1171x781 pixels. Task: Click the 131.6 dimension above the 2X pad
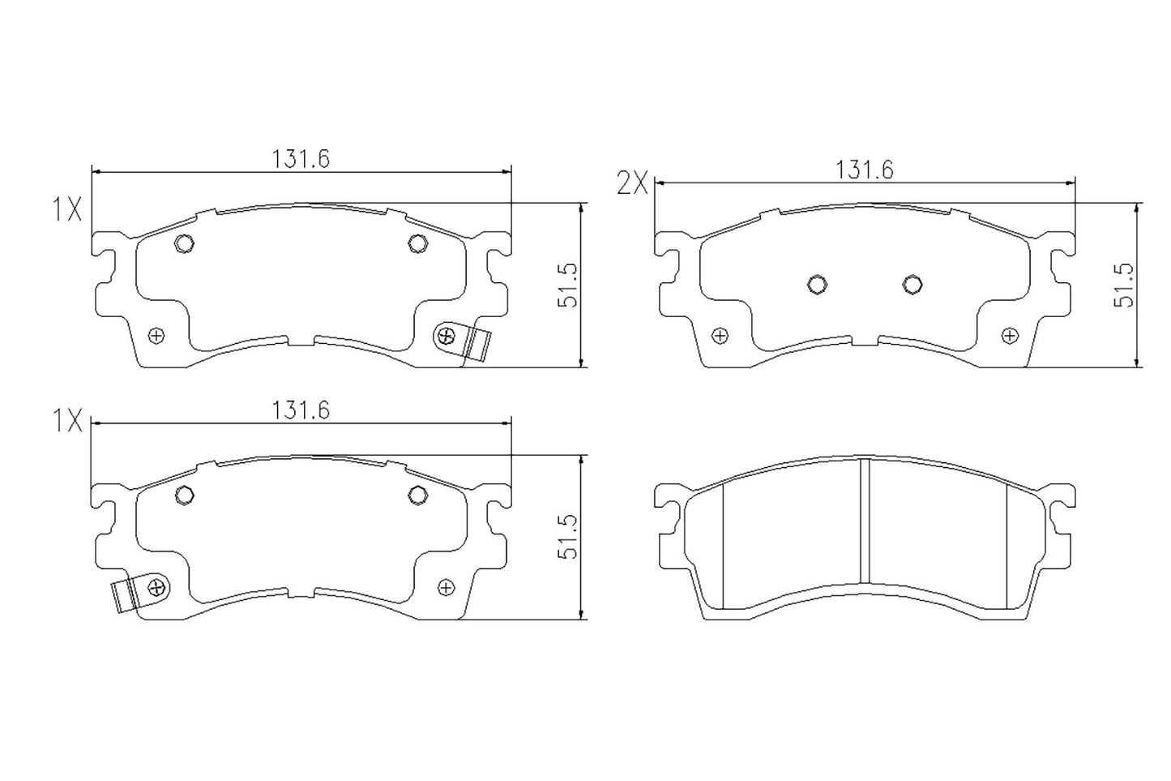point(864,170)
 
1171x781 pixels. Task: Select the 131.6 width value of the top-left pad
point(301,158)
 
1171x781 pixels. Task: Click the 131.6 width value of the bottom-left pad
point(301,410)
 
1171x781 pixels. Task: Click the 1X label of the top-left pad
point(67,211)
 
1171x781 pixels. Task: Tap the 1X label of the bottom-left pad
point(67,420)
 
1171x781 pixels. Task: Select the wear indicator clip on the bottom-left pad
point(126,596)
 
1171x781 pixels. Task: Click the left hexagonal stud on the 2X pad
point(817,283)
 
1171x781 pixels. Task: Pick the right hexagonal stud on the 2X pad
point(912,283)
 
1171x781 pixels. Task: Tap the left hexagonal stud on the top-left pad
point(185,242)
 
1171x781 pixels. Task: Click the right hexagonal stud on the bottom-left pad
point(417,494)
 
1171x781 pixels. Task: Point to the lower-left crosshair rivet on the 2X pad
point(718,335)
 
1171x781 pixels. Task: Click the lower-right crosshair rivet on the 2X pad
point(1009,335)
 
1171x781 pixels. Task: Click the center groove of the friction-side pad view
point(864,521)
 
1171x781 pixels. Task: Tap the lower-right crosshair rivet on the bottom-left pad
point(445,586)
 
